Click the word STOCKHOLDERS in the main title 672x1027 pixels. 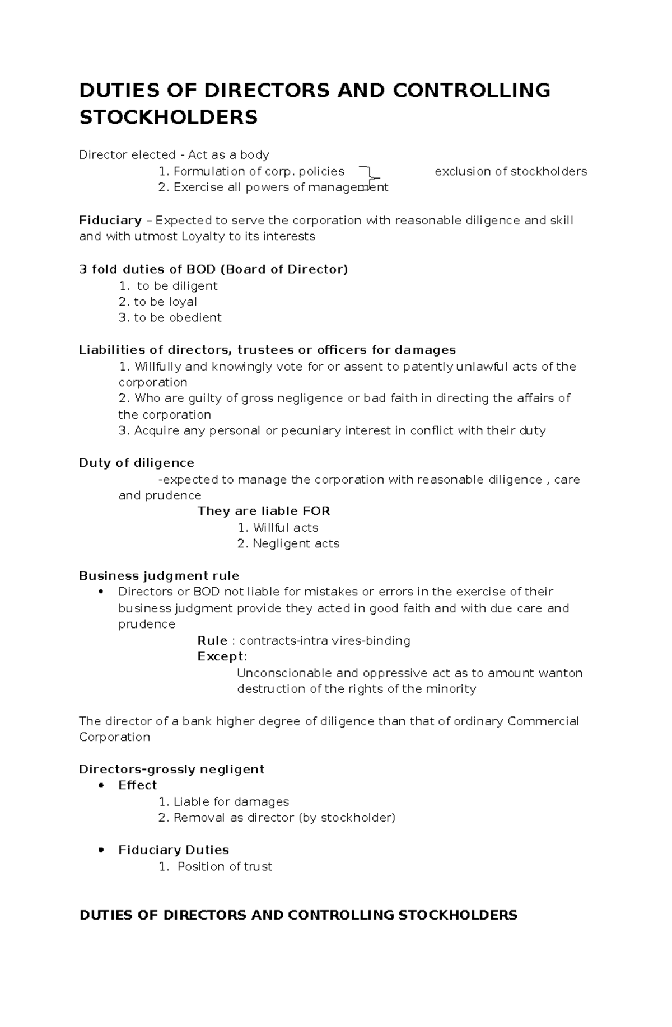(168, 118)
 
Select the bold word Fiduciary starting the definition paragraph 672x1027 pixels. (110, 221)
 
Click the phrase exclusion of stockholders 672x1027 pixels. (510, 171)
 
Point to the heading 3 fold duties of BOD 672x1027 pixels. (213, 269)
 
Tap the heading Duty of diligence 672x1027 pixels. (136, 463)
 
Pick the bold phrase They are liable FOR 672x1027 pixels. (263, 511)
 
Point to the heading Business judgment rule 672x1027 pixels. (158, 576)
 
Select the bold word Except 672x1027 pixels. (221, 656)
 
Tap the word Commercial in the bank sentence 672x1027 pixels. (543, 721)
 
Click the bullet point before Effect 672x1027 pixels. (101, 785)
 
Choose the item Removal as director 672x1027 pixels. (284, 818)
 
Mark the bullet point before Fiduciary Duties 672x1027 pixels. (101, 850)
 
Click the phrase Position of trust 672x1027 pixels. (225, 866)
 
